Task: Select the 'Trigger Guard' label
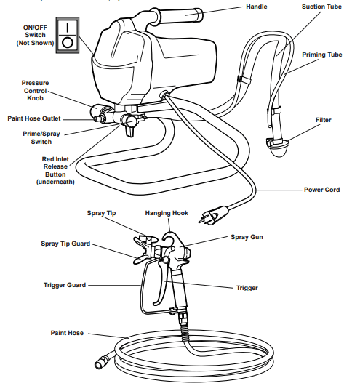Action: [x=65, y=285]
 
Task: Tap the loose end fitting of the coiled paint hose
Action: [x=100, y=361]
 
